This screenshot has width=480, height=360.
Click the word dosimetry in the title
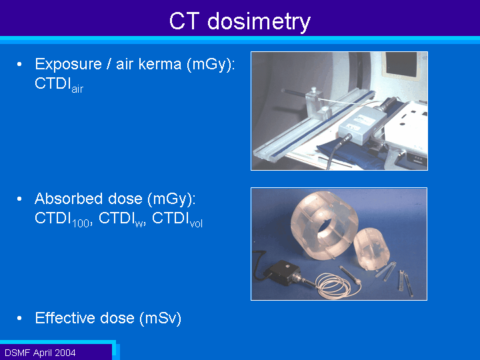[x=259, y=22]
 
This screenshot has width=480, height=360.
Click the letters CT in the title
[x=184, y=21]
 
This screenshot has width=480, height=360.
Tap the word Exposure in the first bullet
[x=68, y=64]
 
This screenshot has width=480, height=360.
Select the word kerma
[x=160, y=64]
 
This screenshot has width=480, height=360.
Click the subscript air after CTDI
[x=77, y=89]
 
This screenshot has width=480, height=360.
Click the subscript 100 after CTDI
[x=81, y=223]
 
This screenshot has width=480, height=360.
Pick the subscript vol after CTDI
[x=196, y=223]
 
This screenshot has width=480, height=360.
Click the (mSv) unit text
[x=161, y=319]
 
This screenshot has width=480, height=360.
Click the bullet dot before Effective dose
[x=19, y=319]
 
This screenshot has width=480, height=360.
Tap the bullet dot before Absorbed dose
[x=19, y=199]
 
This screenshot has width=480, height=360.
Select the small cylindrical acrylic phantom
[x=371, y=249]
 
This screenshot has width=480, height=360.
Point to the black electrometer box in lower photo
[x=281, y=273]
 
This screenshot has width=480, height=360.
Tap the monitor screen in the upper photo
[x=401, y=65]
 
